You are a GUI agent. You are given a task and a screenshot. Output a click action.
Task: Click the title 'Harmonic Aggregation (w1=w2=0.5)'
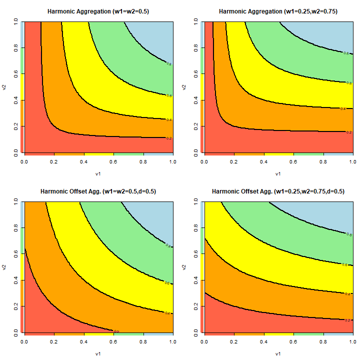point(98,11)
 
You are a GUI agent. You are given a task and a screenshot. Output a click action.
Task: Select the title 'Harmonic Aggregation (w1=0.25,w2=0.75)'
point(278,11)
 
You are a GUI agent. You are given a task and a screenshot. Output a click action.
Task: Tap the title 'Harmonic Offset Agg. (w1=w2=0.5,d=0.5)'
point(98,191)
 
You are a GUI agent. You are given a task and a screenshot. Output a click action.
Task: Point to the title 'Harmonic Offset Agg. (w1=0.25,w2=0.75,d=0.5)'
point(278,191)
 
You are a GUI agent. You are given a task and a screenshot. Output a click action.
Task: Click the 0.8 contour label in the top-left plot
point(169,64)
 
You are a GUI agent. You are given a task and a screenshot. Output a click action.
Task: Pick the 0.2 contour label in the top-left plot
point(169,138)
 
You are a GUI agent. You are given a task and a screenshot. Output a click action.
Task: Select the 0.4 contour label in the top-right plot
point(343,108)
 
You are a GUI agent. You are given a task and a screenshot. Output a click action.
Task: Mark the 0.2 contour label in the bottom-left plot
point(116,331)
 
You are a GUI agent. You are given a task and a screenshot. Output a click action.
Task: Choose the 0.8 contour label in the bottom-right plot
point(348,234)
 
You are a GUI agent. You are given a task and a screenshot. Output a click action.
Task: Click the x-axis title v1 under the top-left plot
point(98,174)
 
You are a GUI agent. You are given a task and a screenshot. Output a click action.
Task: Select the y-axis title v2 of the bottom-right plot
point(184,267)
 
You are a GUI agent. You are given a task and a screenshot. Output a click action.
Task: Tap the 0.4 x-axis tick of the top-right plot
point(263,162)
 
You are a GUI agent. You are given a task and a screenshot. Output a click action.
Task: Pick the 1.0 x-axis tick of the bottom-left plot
point(172,342)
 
